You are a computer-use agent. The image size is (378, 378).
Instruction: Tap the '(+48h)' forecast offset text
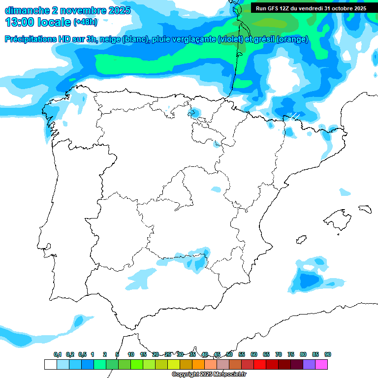coord(85,22)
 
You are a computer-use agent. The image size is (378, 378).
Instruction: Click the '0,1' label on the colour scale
coord(58,354)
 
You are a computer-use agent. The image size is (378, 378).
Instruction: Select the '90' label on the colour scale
coord(328,354)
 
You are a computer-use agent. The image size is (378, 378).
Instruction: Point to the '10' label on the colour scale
coord(131,354)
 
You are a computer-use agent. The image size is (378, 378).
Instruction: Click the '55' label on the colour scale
coord(242,354)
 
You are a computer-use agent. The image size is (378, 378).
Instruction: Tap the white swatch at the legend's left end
coord(50,364)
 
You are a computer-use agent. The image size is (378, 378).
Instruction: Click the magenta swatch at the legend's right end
coord(321,364)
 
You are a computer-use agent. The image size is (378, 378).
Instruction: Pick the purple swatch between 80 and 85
coord(309,364)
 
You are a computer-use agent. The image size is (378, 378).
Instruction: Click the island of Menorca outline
coord(364,209)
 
